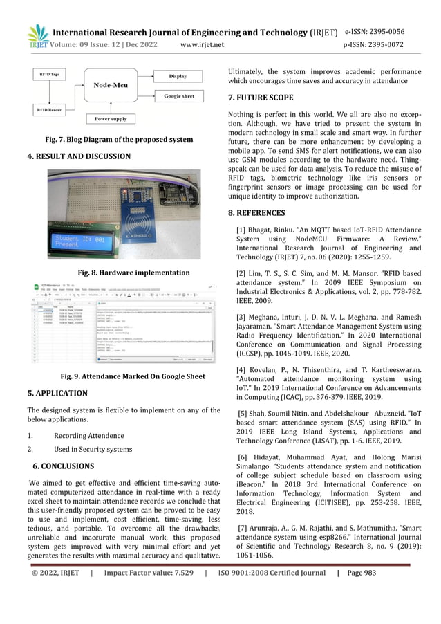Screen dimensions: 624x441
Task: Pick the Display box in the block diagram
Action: [x=178, y=75]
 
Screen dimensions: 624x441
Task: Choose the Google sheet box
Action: [x=178, y=96]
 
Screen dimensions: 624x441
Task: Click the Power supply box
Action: [x=111, y=118]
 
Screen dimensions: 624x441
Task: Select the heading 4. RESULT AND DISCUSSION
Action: [x=79, y=156]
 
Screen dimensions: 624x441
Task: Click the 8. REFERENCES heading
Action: [x=263, y=213]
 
